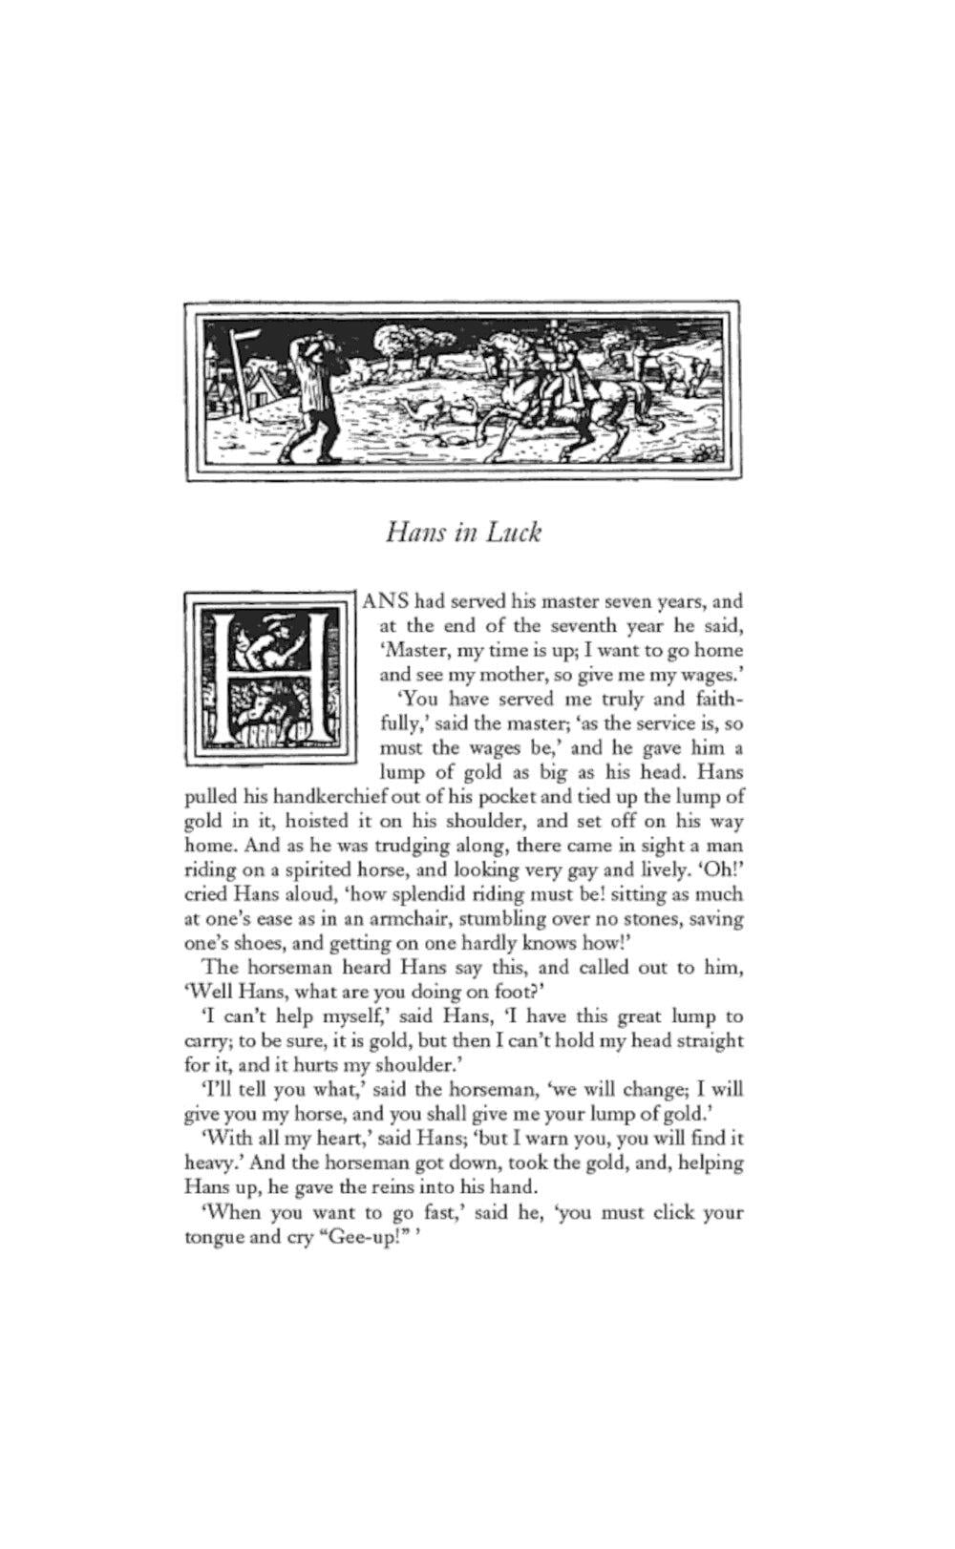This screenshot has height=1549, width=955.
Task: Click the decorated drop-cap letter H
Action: tap(270, 678)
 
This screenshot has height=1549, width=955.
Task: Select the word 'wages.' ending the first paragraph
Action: tap(711, 675)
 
